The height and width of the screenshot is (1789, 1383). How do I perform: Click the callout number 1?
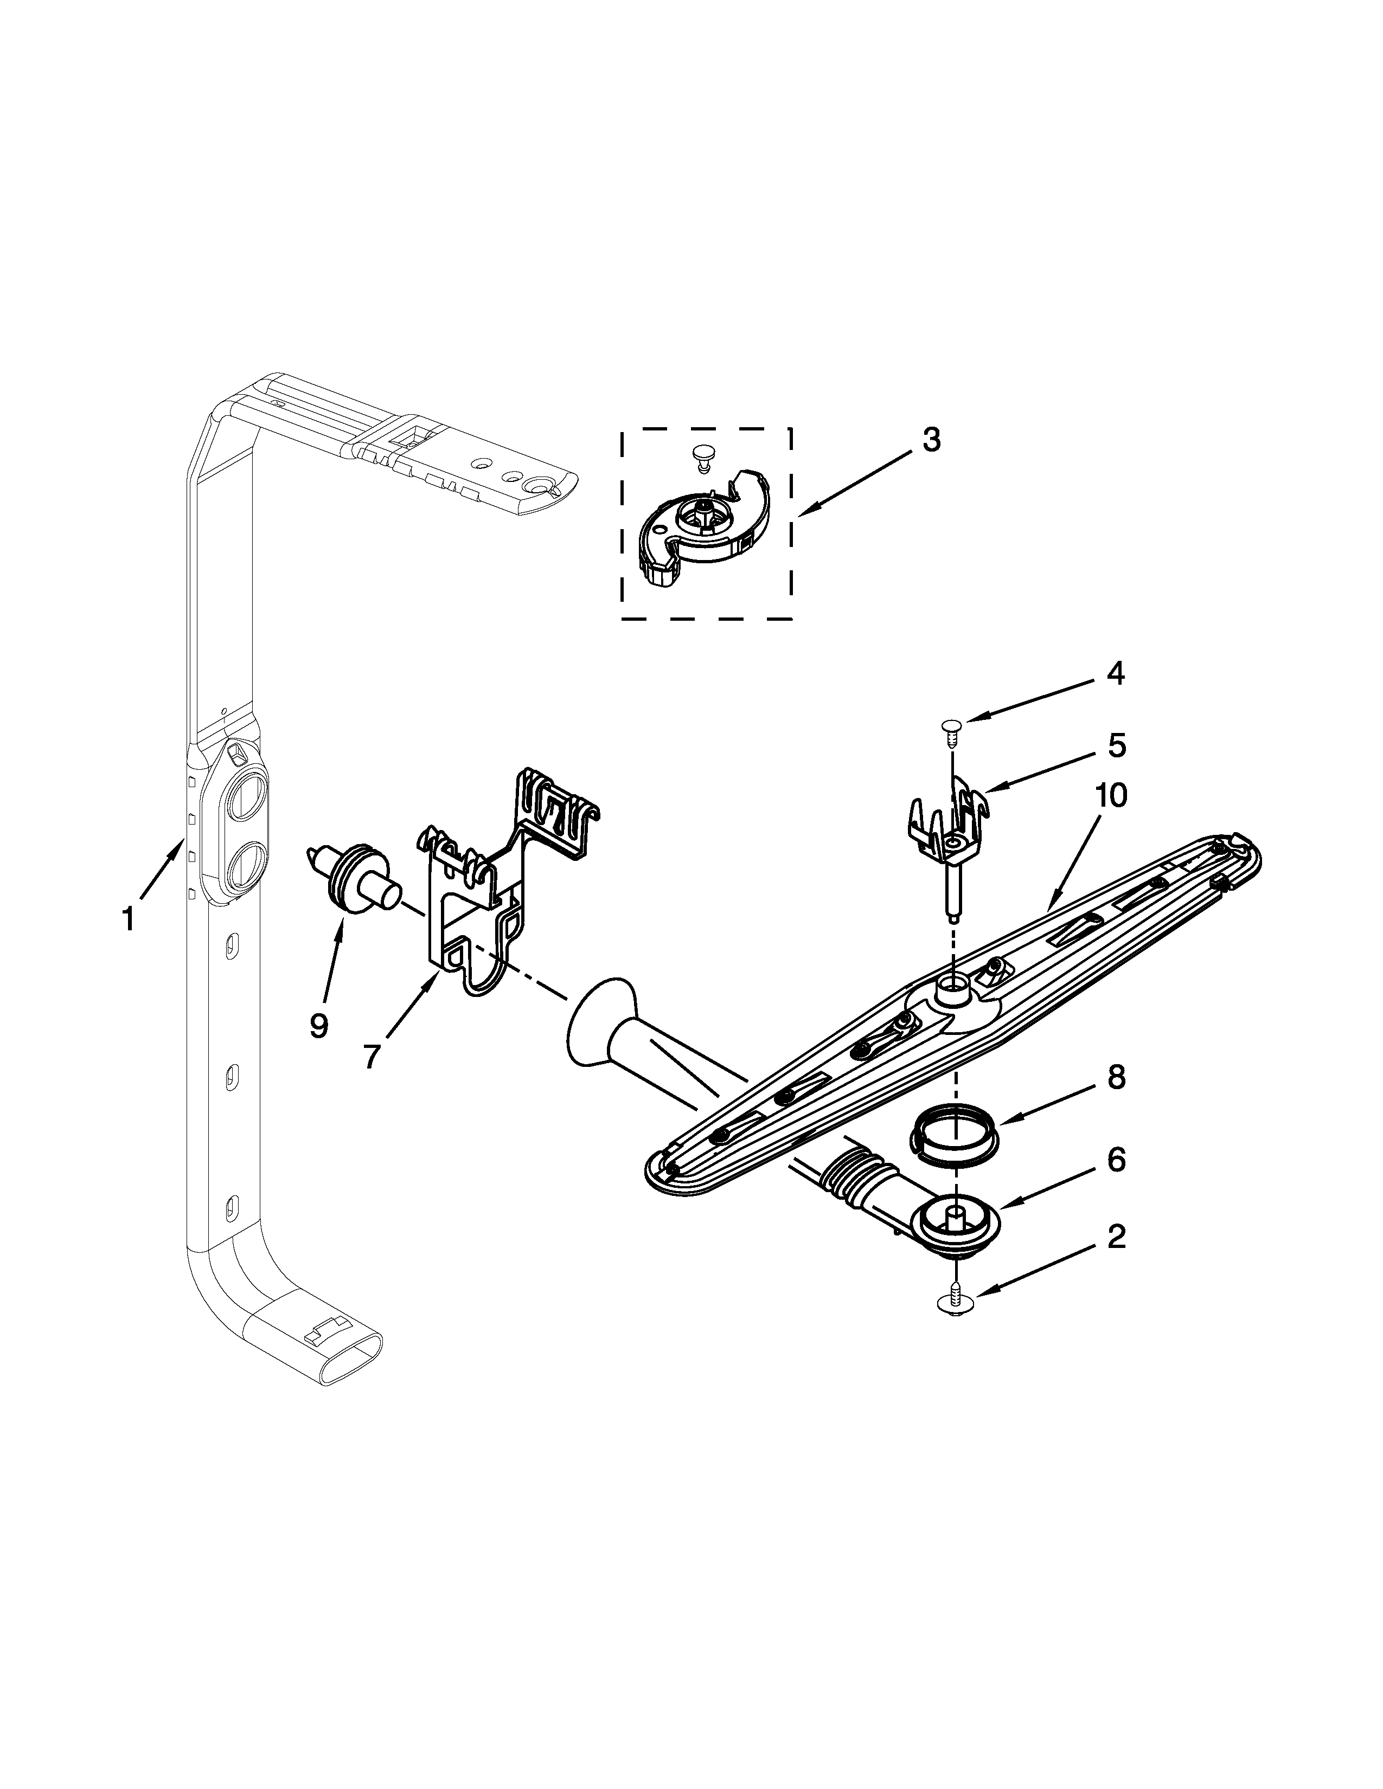point(128,919)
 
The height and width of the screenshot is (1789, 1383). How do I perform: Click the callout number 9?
point(319,1025)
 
